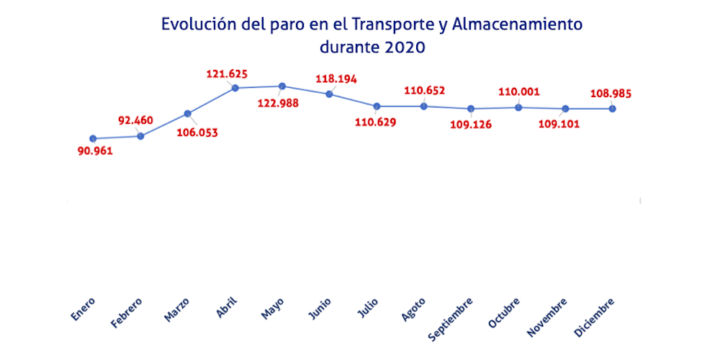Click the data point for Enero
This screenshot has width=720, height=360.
point(93,138)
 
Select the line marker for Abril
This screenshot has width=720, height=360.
point(235,88)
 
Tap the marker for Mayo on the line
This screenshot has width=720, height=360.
point(282,86)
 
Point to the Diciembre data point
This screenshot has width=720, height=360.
point(613,109)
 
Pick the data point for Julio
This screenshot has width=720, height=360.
point(377,107)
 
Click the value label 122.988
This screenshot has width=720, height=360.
point(278,103)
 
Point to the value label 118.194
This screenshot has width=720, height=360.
point(336,78)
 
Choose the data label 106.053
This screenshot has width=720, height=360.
point(197,132)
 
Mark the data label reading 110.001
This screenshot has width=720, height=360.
point(519,92)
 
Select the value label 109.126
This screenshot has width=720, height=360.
point(472,124)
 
